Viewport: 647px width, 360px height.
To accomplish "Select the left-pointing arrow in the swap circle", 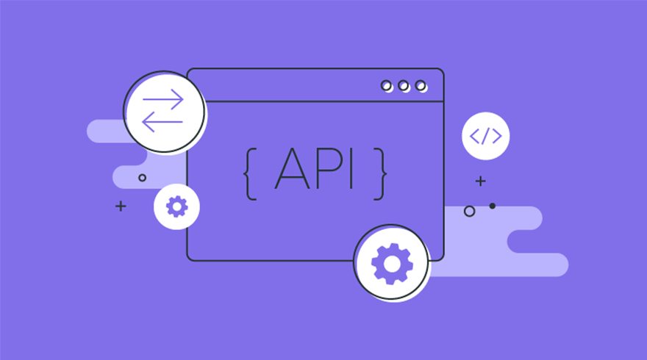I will [162, 121].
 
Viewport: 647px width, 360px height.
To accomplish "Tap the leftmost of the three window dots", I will [387, 86].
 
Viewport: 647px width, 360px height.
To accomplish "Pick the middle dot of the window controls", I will [404, 86].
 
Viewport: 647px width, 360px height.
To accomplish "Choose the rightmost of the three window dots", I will [421, 86].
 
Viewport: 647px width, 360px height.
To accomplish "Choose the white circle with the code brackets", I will [485, 136].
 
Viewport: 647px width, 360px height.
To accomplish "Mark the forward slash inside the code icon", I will [485, 136].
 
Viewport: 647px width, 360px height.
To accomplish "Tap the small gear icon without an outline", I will [177, 206].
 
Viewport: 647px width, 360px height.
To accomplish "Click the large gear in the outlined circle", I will [391, 262].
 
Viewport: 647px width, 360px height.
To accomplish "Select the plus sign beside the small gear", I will [121, 206].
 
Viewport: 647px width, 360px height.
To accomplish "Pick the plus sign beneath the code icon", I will [480, 181].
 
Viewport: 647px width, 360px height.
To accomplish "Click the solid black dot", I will [492, 206].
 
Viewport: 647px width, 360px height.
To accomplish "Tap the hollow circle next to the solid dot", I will [469, 212].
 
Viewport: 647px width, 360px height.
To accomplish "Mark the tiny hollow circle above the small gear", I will [142, 178].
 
